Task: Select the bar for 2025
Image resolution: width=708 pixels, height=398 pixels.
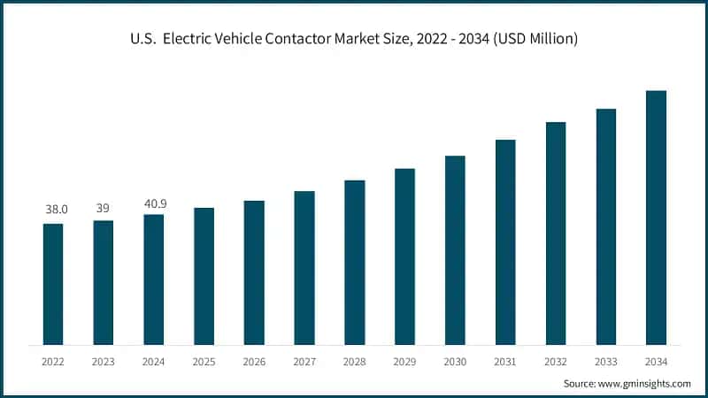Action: coord(204,276)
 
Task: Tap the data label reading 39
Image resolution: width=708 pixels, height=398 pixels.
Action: coord(104,207)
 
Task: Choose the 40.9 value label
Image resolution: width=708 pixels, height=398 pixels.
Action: coord(154,203)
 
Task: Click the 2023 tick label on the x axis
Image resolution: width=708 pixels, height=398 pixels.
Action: coord(104,362)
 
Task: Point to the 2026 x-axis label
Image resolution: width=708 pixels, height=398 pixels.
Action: coord(254,362)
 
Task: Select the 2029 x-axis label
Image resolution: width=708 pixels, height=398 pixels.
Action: coord(404,362)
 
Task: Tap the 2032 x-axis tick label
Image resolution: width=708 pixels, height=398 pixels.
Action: coord(556,362)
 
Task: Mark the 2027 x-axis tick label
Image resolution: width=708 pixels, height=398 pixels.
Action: coord(304,362)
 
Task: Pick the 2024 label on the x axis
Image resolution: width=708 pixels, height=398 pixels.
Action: coord(154,362)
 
